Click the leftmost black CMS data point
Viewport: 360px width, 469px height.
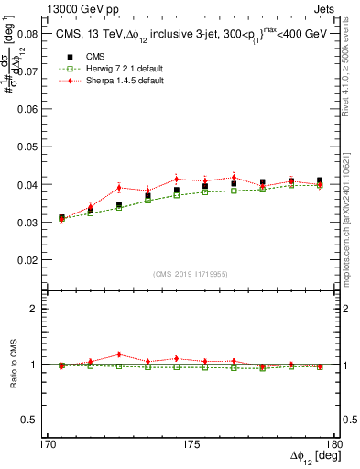(x=62, y=218)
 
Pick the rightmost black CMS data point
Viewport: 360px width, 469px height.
(x=320, y=180)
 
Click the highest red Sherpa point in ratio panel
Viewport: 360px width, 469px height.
(x=119, y=354)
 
